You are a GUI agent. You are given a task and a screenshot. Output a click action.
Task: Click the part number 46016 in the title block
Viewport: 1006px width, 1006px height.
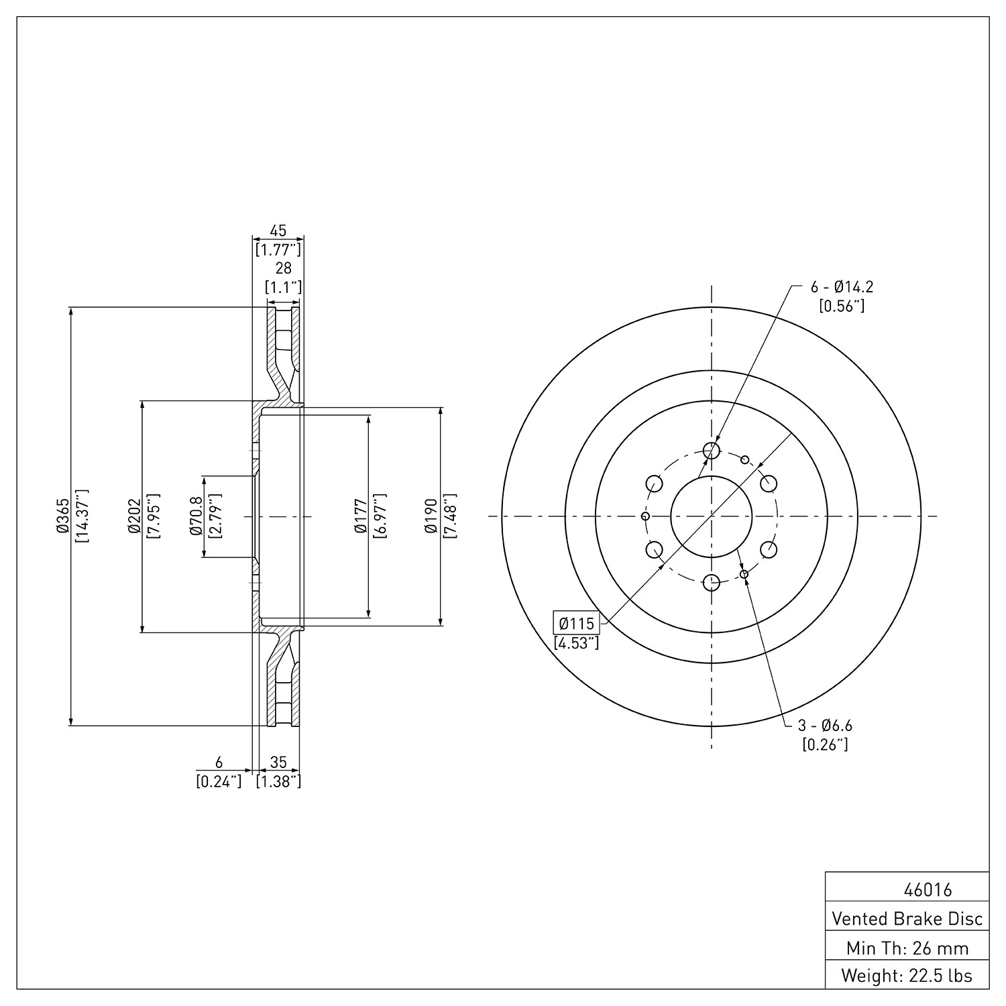[x=928, y=890]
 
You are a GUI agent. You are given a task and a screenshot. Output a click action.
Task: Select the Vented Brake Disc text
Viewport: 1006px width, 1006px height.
[x=907, y=918]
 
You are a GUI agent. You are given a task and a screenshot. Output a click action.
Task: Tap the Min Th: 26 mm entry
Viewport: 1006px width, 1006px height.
[x=907, y=948]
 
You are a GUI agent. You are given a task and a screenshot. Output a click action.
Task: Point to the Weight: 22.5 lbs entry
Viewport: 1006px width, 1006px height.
[x=907, y=976]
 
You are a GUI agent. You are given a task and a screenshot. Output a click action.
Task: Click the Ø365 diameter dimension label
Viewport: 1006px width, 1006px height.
[x=63, y=516]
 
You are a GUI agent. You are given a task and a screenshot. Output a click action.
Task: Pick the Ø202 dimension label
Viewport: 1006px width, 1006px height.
[x=133, y=516]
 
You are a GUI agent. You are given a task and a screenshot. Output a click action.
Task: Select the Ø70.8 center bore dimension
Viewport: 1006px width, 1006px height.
[x=196, y=516]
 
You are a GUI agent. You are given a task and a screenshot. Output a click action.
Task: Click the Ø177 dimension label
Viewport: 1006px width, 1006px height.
[x=361, y=516]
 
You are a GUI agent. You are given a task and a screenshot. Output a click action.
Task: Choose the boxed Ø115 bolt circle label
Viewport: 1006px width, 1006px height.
[x=576, y=623]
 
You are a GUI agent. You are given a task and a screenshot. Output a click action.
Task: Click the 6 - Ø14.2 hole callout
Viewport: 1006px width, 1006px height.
[x=842, y=287]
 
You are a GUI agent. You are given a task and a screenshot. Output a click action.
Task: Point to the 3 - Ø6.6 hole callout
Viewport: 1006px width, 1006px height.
[x=825, y=725]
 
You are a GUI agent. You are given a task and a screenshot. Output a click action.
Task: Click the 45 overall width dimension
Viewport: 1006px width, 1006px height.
[x=278, y=231]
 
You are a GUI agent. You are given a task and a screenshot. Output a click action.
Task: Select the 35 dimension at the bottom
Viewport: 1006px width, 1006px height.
[x=278, y=762]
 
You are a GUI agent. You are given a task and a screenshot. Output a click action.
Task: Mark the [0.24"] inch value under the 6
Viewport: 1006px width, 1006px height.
[x=219, y=781]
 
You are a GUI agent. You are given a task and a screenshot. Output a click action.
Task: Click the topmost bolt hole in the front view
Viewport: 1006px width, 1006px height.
[x=711, y=450]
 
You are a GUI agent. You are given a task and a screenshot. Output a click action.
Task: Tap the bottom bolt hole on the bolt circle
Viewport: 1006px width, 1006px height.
[x=711, y=582]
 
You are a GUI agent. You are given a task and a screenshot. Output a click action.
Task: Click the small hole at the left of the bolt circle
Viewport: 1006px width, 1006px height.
[x=645, y=516]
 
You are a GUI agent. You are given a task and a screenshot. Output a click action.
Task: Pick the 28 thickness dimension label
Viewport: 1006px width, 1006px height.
[x=284, y=268]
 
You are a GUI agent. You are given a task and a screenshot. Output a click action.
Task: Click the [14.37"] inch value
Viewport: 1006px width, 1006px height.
[x=82, y=516]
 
